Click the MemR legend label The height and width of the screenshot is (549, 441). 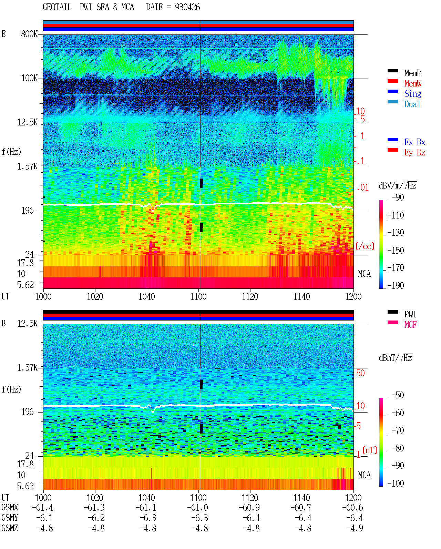[412, 73]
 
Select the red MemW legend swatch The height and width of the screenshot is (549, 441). [392, 81]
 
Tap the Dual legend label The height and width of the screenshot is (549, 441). [412, 104]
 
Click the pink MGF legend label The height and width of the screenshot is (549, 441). [410, 325]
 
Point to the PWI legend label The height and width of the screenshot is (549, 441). [410, 314]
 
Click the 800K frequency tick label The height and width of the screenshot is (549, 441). [29, 34]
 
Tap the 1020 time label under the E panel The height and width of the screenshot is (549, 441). [95, 296]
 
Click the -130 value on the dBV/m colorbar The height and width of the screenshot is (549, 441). [396, 232]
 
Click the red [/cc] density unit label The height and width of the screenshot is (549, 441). [365, 246]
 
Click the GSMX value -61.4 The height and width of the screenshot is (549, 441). [43, 507]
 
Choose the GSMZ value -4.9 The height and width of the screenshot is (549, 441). [355, 528]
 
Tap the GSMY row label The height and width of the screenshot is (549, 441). [10, 518]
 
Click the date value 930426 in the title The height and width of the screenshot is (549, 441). [187, 7]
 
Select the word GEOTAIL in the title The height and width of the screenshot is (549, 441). [57, 7]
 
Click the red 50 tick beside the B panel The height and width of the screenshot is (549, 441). [360, 373]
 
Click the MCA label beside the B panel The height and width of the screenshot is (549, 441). [364, 475]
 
